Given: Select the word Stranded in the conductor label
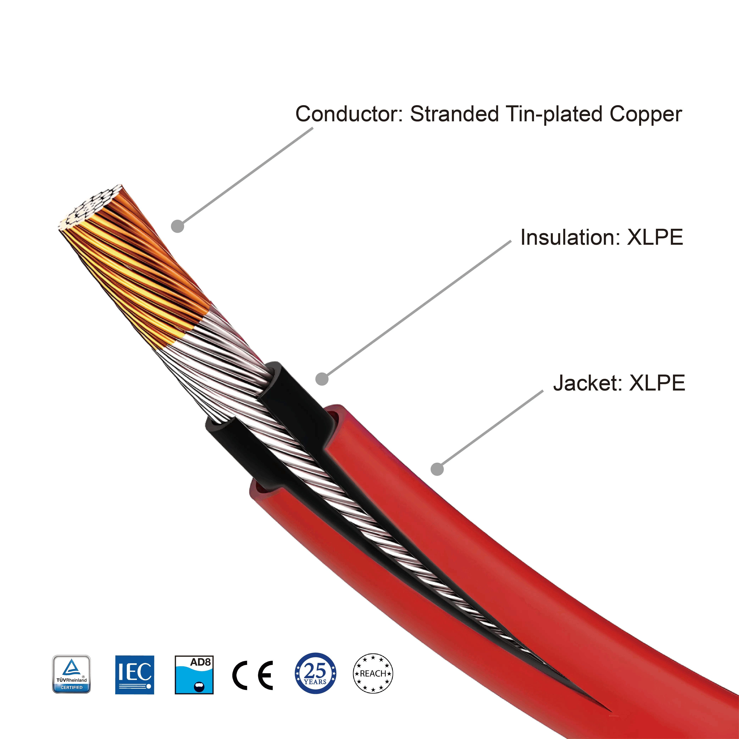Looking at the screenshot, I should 454,114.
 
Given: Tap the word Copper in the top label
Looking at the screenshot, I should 646,114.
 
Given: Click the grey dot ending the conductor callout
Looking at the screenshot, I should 178,226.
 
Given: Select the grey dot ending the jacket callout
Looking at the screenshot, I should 437,469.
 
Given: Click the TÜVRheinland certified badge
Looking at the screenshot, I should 71,674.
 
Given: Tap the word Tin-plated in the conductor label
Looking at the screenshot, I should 554,114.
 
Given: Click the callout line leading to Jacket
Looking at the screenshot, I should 492,428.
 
